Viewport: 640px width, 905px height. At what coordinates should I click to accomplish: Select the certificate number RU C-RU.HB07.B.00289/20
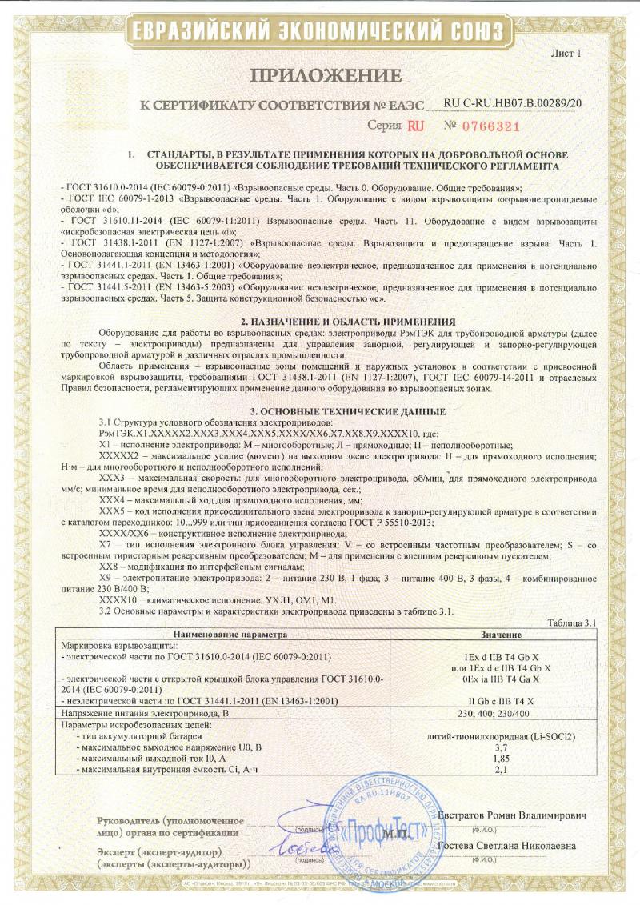(513, 104)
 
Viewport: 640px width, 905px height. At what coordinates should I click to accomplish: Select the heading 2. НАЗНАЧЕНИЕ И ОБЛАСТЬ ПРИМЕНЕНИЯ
(320, 320)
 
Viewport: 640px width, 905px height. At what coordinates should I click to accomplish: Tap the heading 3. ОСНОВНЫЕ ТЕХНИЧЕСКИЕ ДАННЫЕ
(320, 411)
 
